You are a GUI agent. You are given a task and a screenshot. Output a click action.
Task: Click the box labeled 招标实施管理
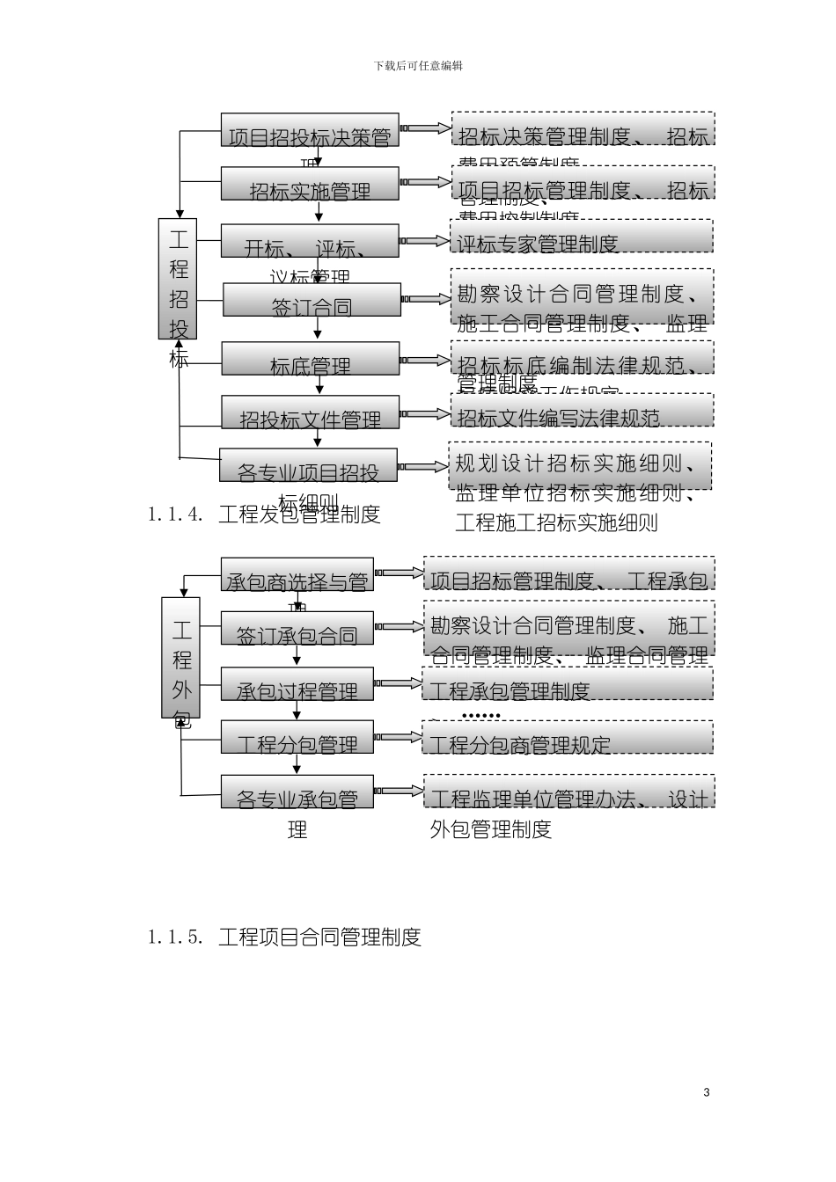pyautogui.click(x=310, y=185)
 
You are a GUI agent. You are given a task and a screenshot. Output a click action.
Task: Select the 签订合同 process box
pyautogui.click(x=312, y=300)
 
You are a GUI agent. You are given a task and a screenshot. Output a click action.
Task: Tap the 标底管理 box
pyautogui.click(x=310, y=360)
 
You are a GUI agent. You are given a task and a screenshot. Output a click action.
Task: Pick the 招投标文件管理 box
pyautogui.click(x=311, y=412)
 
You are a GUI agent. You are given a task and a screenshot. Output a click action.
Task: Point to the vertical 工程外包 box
pyautogui.click(x=180, y=658)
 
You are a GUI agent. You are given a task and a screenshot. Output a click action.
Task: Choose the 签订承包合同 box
pyautogui.click(x=297, y=628)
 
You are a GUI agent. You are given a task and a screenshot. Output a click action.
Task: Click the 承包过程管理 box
pyautogui.click(x=297, y=684)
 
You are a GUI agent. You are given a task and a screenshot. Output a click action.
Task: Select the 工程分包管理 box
pyautogui.click(x=297, y=737)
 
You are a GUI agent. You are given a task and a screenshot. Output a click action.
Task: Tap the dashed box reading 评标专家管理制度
pyautogui.click(x=582, y=236)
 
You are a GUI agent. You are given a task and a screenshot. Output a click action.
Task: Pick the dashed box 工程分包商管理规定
pyautogui.click(x=568, y=738)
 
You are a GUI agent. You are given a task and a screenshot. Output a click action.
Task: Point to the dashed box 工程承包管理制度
pyautogui.click(x=568, y=684)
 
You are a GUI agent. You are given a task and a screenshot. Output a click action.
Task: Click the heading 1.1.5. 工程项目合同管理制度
pyautogui.click(x=284, y=938)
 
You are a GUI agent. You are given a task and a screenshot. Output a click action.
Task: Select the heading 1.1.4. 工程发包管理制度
pyautogui.click(x=264, y=514)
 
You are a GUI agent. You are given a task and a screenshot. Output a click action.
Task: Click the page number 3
pyautogui.click(x=707, y=1092)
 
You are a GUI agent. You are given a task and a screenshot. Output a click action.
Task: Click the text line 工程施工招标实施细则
pyautogui.click(x=556, y=523)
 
